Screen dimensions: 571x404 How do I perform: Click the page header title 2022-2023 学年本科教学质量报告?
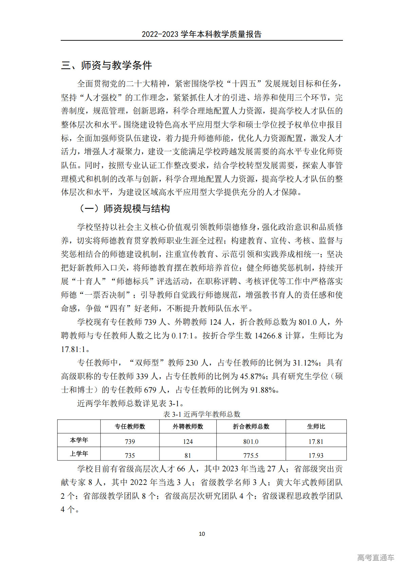tap(201, 34)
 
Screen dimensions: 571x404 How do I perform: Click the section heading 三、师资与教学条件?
tap(107, 65)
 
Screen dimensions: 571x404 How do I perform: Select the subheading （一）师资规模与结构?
tap(124, 209)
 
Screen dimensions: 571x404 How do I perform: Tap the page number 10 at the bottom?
tap(202, 534)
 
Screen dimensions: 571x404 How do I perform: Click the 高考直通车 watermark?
tap(376, 557)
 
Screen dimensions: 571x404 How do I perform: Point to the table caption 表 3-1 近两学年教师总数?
tap(202, 414)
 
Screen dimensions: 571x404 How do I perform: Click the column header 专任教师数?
tap(130, 427)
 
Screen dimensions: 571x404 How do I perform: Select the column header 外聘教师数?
tap(188, 427)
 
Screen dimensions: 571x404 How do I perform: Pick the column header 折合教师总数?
tap(251, 427)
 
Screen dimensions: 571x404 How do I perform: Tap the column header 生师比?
tap(316, 427)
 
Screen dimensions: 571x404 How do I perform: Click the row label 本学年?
tap(79, 440)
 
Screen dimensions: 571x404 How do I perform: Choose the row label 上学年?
tap(79, 454)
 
